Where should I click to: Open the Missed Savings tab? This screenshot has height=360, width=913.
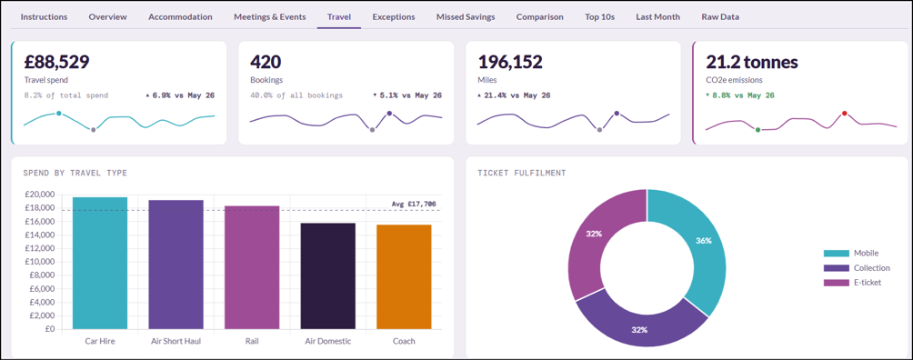(x=466, y=17)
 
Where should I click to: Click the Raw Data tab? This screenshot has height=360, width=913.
(x=720, y=17)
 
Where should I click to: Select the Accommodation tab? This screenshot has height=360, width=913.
(x=180, y=17)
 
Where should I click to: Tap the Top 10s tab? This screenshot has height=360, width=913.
(x=600, y=17)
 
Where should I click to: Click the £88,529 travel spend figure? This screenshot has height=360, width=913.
(x=56, y=63)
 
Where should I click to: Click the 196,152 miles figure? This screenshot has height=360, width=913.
(x=510, y=63)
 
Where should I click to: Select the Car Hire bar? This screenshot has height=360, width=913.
(x=100, y=264)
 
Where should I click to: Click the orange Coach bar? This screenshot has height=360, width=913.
(x=404, y=277)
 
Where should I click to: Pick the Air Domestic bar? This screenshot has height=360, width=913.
(x=327, y=276)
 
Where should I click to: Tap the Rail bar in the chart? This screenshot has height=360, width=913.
(x=252, y=268)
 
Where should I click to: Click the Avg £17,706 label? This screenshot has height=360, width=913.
(x=414, y=204)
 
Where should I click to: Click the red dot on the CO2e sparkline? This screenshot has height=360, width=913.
(x=844, y=114)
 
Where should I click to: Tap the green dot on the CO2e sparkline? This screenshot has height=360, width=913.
(x=757, y=129)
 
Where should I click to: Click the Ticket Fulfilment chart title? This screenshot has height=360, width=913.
(x=522, y=173)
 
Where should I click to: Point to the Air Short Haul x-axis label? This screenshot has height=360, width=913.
(x=176, y=341)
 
